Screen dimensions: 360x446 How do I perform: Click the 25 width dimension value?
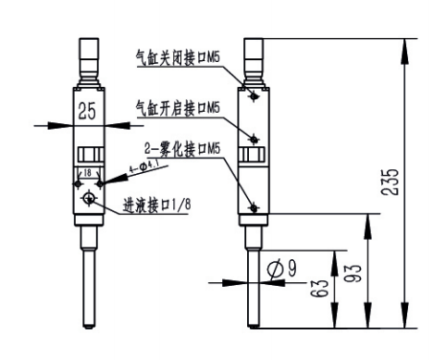(x=86, y=113)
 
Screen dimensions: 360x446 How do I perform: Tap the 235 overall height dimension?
(x=391, y=182)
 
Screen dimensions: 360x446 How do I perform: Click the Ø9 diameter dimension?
(x=281, y=268)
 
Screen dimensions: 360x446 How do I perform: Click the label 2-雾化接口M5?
(x=182, y=149)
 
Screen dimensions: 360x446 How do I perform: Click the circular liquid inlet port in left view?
(x=88, y=199)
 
